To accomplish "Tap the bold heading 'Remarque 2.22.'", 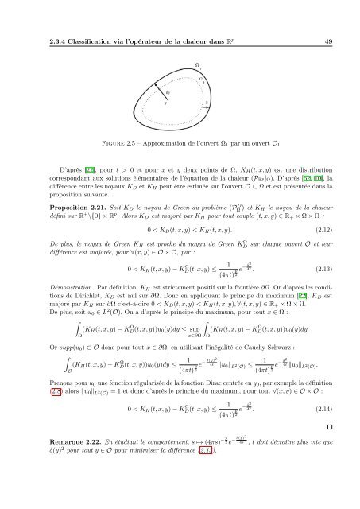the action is [55, 486].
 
